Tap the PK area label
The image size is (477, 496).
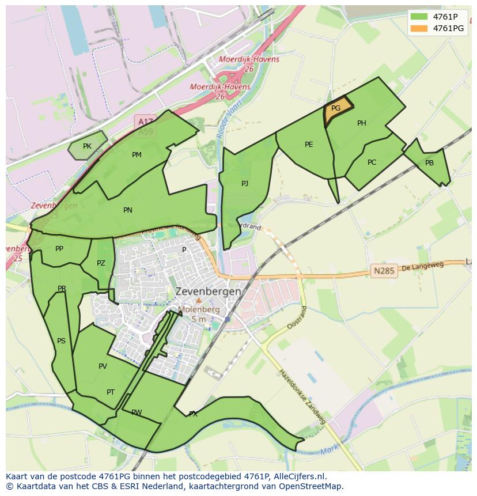coord(87,146)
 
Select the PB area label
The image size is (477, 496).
coord(429,163)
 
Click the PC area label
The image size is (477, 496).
coord(372,162)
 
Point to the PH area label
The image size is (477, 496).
coord(362,123)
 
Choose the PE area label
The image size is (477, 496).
coord(309,145)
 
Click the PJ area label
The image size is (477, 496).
coord(245,184)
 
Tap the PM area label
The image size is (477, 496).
coord(137,155)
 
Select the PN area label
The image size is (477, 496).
coord(128,210)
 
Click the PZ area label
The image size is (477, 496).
coord(101,264)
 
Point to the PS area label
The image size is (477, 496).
coord(61,341)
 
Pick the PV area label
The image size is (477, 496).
coord(103,366)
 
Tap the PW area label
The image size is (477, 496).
coord(137,412)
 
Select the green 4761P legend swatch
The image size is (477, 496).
coord(419,16)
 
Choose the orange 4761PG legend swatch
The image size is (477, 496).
coord(419,28)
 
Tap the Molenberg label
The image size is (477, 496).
coord(199,309)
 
